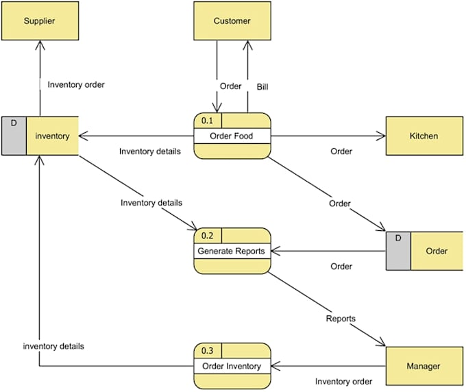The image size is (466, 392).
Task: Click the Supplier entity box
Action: [x=40, y=21]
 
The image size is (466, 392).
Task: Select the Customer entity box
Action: [x=232, y=21]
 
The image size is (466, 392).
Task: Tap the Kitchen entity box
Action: [x=424, y=136]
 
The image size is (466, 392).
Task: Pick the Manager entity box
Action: [x=424, y=366]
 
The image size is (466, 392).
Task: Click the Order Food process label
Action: [x=231, y=136]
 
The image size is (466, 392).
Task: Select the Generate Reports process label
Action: [x=231, y=251]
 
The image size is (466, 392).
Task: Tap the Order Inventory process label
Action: [x=232, y=366]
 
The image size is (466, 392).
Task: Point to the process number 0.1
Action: [x=207, y=121]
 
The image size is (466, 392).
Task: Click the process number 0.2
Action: [x=207, y=236]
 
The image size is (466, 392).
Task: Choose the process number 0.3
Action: [x=207, y=351]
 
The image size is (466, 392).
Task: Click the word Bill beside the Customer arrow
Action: [x=262, y=87]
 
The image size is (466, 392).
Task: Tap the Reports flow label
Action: [x=341, y=319]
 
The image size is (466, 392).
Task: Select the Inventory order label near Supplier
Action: [x=76, y=85]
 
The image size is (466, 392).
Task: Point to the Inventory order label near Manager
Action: [x=343, y=381]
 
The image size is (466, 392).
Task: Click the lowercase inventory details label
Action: [x=53, y=346]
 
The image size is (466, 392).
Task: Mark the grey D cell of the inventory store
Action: [x=14, y=136]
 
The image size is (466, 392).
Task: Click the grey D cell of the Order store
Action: [x=398, y=251]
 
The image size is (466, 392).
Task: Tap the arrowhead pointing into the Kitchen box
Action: [x=381, y=136]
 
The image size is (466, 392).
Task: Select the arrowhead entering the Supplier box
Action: [x=40, y=45]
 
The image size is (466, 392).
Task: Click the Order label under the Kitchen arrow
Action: [x=341, y=151]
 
